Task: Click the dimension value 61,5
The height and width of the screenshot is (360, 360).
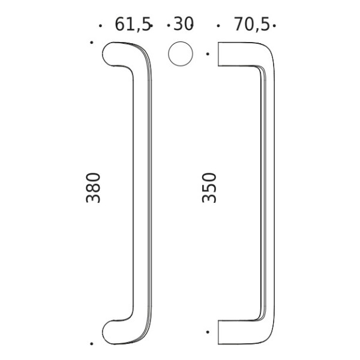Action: point(131,25)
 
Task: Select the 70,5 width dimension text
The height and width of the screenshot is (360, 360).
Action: point(250,25)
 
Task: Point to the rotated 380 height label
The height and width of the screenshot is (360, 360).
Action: point(94,187)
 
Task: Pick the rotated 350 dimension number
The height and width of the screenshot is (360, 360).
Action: point(209,187)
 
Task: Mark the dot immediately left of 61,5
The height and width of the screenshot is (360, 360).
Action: point(100,26)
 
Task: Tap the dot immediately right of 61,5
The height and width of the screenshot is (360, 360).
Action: point(151,26)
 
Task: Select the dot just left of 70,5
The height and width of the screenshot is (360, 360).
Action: point(218,26)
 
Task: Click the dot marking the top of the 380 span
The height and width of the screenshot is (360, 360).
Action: point(91,42)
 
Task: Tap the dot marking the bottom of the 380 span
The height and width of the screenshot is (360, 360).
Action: point(91,344)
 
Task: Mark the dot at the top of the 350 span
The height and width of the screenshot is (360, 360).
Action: point(208,54)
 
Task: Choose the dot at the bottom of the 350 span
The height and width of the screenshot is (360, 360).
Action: point(208,332)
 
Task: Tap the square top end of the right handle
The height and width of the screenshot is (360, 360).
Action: point(223,54)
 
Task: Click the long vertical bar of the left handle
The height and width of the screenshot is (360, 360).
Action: point(142,192)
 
